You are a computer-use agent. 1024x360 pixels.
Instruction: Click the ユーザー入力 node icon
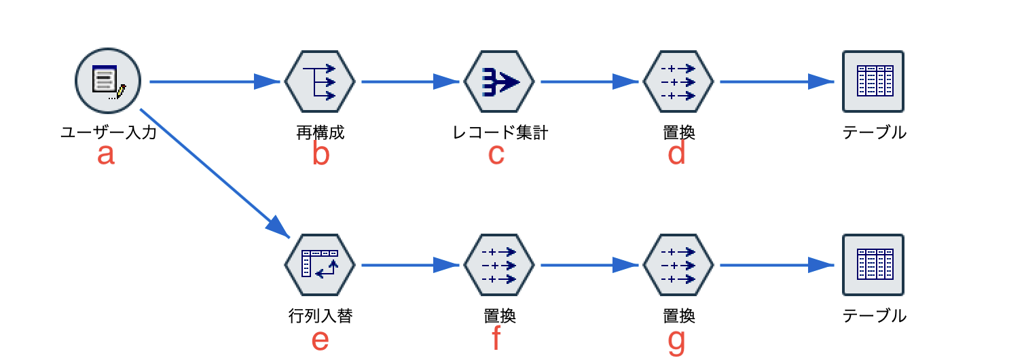(x=107, y=82)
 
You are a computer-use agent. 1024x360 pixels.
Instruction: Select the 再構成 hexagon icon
(x=320, y=82)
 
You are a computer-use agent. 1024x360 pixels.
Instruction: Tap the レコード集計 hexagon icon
(x=499, y=82)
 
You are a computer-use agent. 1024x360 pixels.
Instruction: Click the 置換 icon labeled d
(x=678, y=82)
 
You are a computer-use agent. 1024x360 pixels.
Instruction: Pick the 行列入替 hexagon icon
(x=320, y=265)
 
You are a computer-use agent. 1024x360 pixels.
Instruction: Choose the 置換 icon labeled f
(x=499, y=265)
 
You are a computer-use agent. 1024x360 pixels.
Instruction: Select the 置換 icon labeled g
(x=678, y=265)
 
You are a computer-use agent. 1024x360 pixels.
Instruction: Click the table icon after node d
(x=873, y=82)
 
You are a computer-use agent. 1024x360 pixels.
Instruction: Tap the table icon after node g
(x=873, y=265)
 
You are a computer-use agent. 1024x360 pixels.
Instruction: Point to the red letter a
(x=106, y=155)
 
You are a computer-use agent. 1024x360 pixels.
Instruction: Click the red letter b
(x=321, y=155)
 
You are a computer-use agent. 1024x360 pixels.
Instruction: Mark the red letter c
(x=496, y=155)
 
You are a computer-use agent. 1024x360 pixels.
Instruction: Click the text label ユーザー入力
(x=109, y=132)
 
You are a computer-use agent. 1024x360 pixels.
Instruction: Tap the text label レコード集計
(x=500, y=132)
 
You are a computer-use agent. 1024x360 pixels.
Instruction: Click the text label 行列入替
(x=321, y=316)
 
